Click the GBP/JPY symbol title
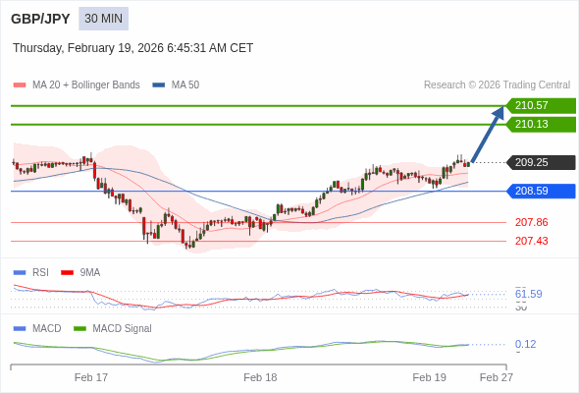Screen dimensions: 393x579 (40, 19)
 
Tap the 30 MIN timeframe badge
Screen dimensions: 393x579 (104, 19)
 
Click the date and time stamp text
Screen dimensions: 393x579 (132, 47)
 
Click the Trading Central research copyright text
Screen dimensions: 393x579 (497, 84)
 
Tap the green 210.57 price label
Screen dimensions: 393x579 (541, 105)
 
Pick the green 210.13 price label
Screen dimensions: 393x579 (541, 124)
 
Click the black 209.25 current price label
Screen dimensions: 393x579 (541, 162)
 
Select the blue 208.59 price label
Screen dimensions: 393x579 (541, 191)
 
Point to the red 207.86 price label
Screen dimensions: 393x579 (531, 222)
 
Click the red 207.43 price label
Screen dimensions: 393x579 (531, 241)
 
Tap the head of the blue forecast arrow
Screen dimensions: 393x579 (499, 111)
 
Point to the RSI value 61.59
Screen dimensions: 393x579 (528, 294)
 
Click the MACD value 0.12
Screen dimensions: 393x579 (525, 344)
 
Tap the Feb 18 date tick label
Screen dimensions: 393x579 (260, 377)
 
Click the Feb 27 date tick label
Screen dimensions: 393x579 (496, 377)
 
